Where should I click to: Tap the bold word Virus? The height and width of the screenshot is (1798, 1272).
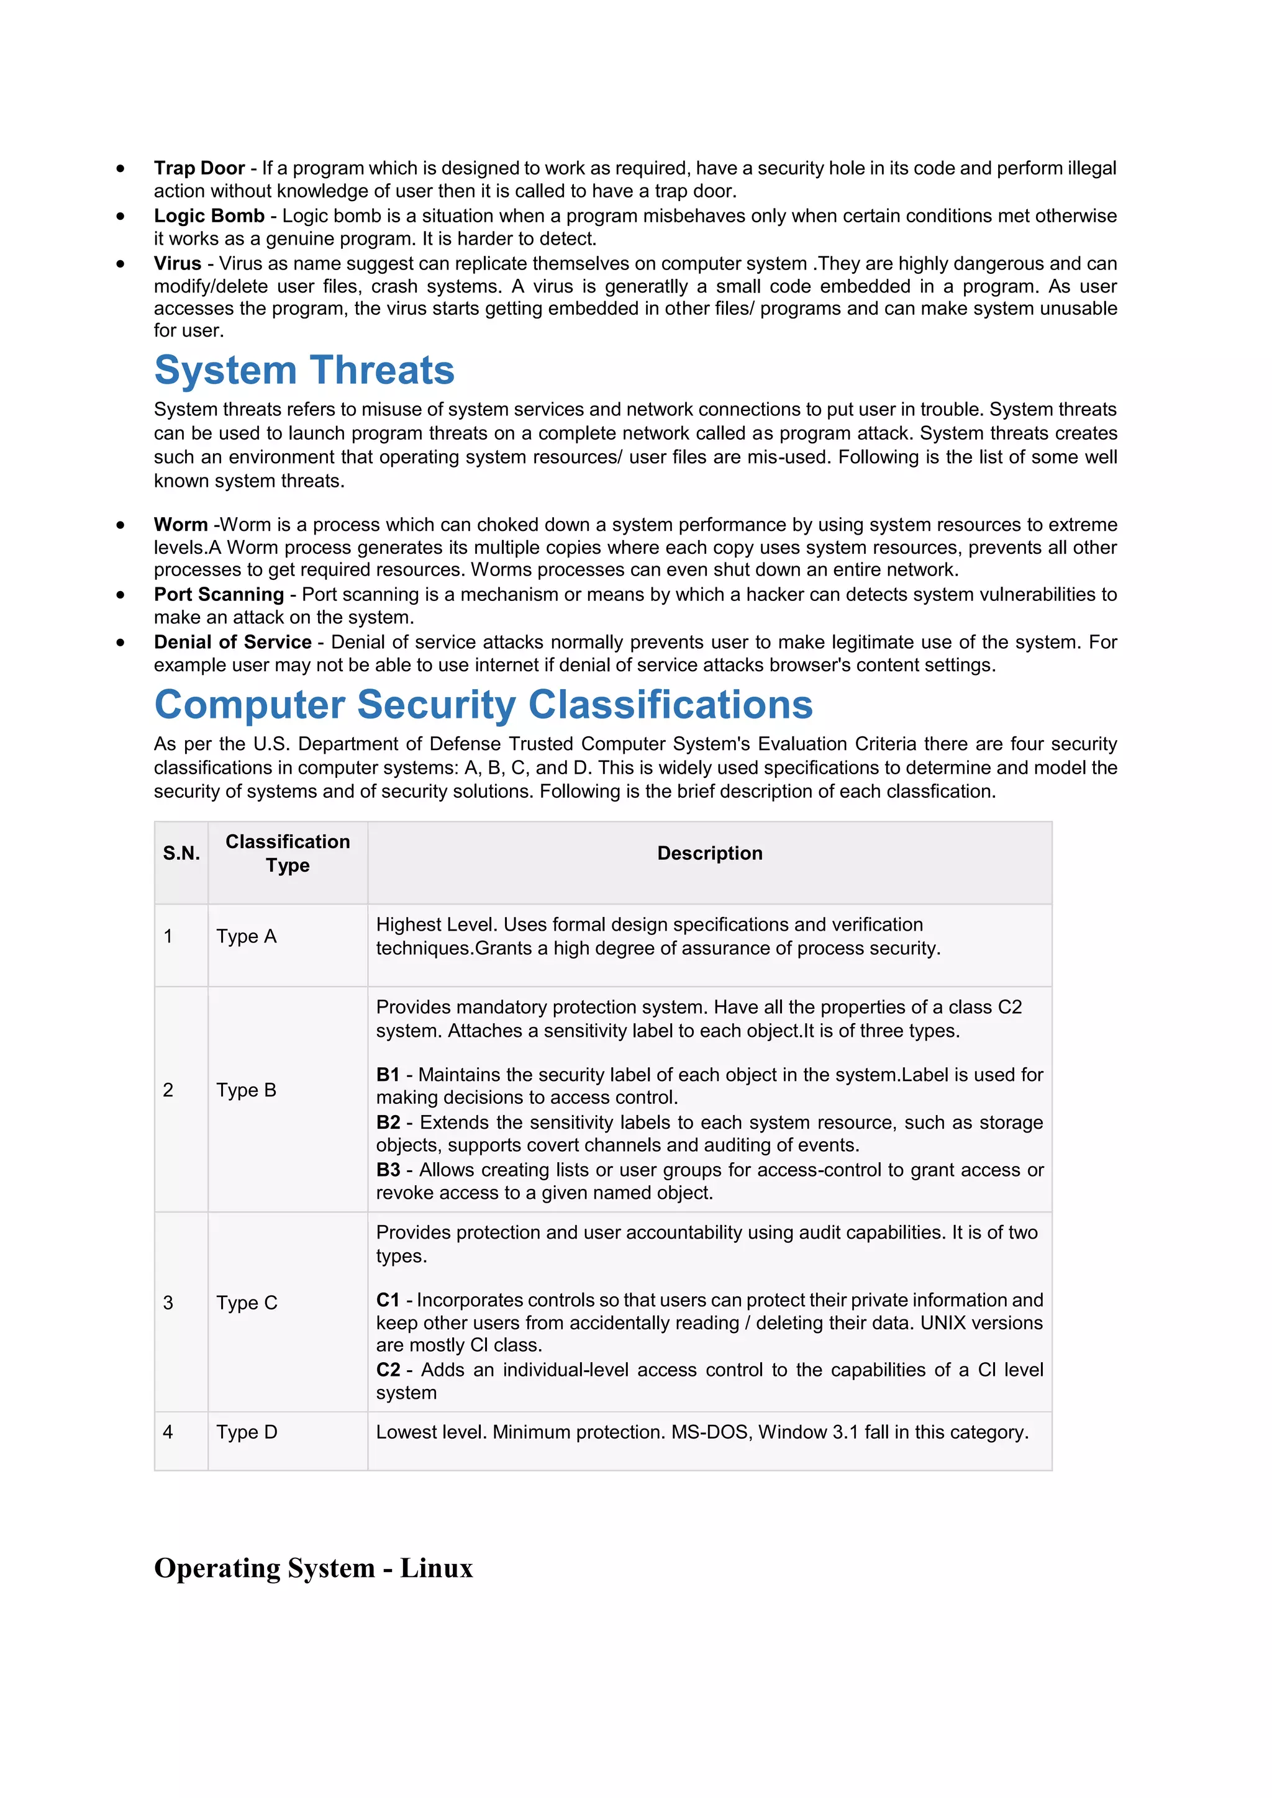[177, 264]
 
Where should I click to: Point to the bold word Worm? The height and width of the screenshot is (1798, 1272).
[180, 525]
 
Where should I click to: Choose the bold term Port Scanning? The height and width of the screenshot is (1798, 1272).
[219, 594]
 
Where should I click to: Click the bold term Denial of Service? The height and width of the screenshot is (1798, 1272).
[233, 642]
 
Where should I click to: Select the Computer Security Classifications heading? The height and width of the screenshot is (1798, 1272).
[483, 705]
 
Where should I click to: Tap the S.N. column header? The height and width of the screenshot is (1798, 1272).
[181, 854]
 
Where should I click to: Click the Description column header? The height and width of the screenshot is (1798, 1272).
[710, 854]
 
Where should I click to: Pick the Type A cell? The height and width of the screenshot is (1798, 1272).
[246, 937]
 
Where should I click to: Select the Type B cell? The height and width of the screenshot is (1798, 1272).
[246, 1090]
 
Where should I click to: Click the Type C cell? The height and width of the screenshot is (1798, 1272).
[247, 1303]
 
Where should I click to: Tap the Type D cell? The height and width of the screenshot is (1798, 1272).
[247, 1432]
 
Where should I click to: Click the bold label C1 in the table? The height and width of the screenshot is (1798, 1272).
[388, 1300]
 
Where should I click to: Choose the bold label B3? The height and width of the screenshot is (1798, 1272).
[388, 1170]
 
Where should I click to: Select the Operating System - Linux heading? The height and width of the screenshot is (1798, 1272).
[313, 1568]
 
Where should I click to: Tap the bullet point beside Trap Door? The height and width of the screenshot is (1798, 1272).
[120, 168]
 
